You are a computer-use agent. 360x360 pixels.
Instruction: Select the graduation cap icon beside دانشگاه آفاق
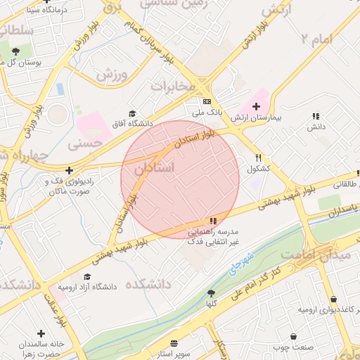coord(131,114)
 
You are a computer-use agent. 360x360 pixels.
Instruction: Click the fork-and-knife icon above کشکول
coord(259,158)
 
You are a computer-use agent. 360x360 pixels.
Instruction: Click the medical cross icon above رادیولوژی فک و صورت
coord(69,170)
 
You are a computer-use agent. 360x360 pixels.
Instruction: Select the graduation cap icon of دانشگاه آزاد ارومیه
coord(87,277)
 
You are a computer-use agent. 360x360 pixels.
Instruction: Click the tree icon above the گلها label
coord(211,293)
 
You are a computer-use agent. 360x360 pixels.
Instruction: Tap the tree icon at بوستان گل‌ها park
coord(15,51)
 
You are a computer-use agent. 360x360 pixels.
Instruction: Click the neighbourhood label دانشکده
coord(148,284)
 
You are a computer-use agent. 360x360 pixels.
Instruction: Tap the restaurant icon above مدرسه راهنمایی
coord(212,221)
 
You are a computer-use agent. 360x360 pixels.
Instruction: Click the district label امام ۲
coord(314,39)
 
